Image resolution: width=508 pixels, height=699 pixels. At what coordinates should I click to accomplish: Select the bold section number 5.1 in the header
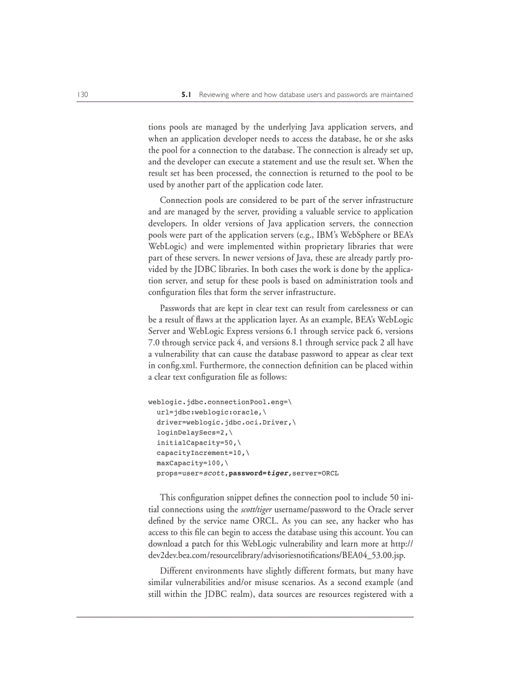pyautogui.click(x=186, y=95)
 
